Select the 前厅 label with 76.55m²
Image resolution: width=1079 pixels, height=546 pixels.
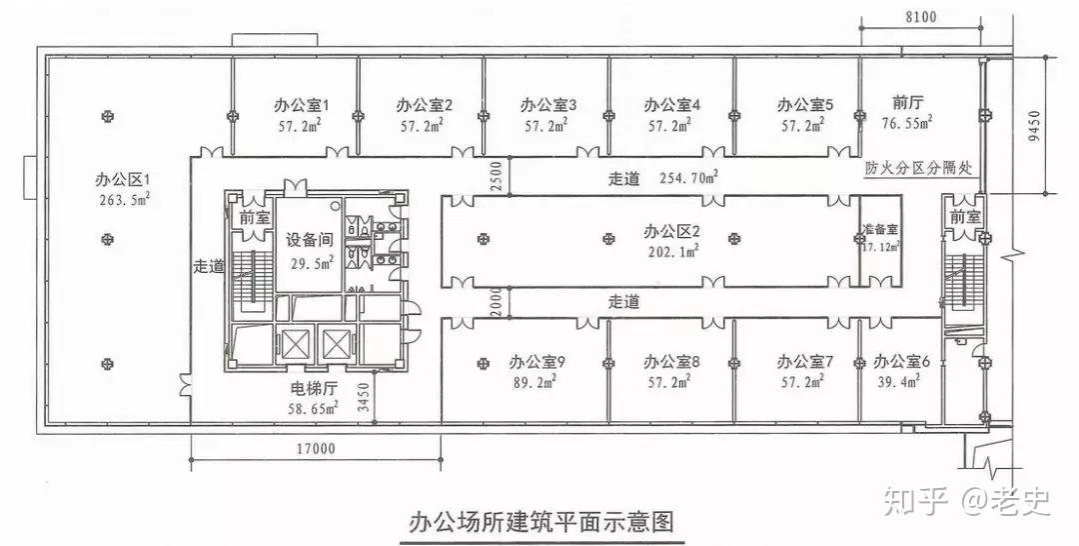(907, 102)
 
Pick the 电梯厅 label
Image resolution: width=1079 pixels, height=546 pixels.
(312, 389)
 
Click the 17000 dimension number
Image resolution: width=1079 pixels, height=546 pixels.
(315, 449)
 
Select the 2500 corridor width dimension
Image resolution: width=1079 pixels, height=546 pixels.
(496, 176)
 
